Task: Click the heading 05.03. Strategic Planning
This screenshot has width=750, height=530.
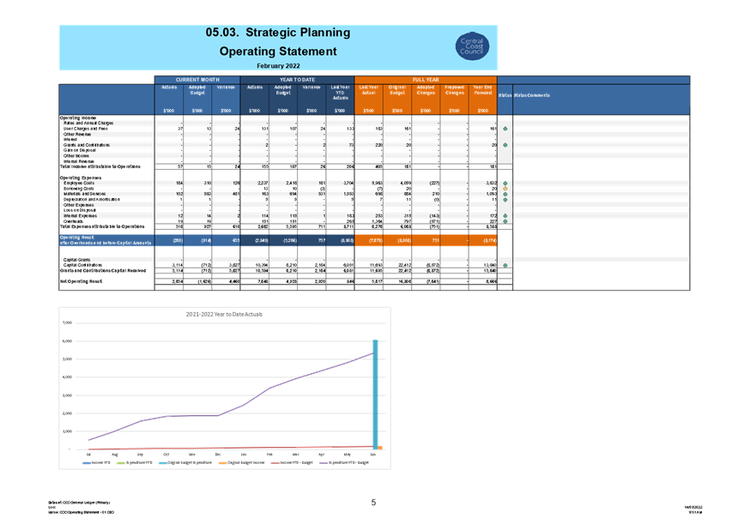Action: pos(277,33)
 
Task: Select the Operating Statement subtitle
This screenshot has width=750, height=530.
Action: pos(277,51)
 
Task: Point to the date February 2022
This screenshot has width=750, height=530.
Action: pos(277,65)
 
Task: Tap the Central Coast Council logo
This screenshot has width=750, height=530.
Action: pos(472,46)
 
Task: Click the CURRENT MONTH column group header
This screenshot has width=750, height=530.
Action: pos(197,79)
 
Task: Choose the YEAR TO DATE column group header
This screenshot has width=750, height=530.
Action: pos(297,79)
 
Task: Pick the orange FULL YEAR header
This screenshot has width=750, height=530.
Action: pos(426,79)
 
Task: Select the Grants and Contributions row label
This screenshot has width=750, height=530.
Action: pos(88,146)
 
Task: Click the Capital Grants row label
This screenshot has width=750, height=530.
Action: pos(77,258)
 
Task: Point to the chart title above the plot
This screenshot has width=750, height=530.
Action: pos(225,314)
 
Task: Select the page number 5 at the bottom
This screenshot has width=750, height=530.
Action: pos(373,503)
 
